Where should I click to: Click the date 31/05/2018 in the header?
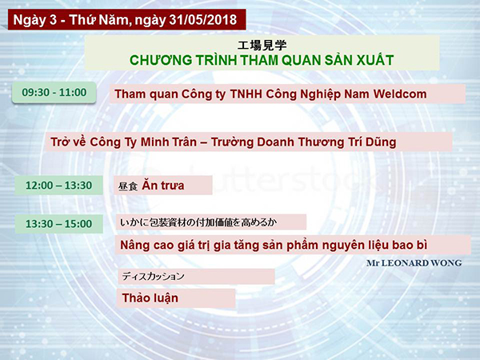[203, 20]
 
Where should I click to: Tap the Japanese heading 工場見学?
[262, 46]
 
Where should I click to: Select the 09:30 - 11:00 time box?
[54, 92]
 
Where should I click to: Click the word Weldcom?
[400, 94]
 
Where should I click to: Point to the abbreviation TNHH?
[246, 94]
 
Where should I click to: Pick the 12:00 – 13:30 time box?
[58, 186]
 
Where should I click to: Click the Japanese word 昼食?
[128, 186]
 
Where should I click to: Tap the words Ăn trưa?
[163, 185]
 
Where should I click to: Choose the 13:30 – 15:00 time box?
[58, 224]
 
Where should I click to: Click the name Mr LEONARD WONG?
[414, 263]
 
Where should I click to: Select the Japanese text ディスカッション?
[154, 276]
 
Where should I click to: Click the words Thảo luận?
[150, 298]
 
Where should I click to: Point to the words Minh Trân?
[169, 142]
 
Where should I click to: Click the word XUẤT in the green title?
[375, 60]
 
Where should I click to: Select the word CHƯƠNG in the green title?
[161, 60]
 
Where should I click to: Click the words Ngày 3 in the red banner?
[35, 20]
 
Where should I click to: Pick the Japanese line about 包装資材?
[198, 222]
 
